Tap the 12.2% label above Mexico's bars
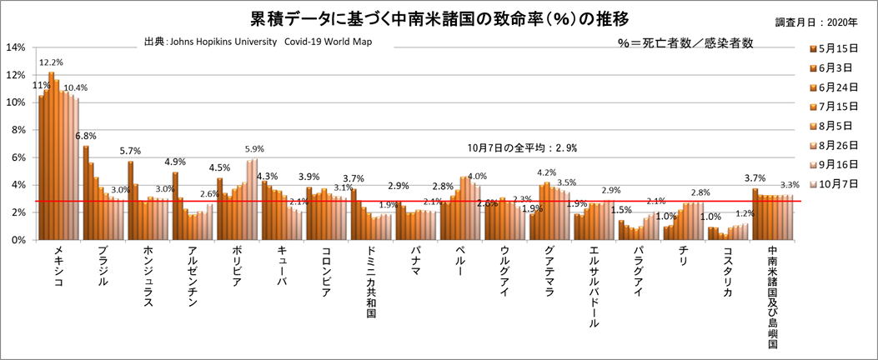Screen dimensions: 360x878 [52, 62]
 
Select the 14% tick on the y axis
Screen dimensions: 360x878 [16, 47]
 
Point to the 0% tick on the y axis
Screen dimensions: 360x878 [18, 239]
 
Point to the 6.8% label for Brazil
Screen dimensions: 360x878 [85, 136]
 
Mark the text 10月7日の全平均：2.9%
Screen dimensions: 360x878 [522, 148]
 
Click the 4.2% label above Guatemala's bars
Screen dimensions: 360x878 [547, 173]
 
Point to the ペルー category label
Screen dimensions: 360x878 [461, 262]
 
